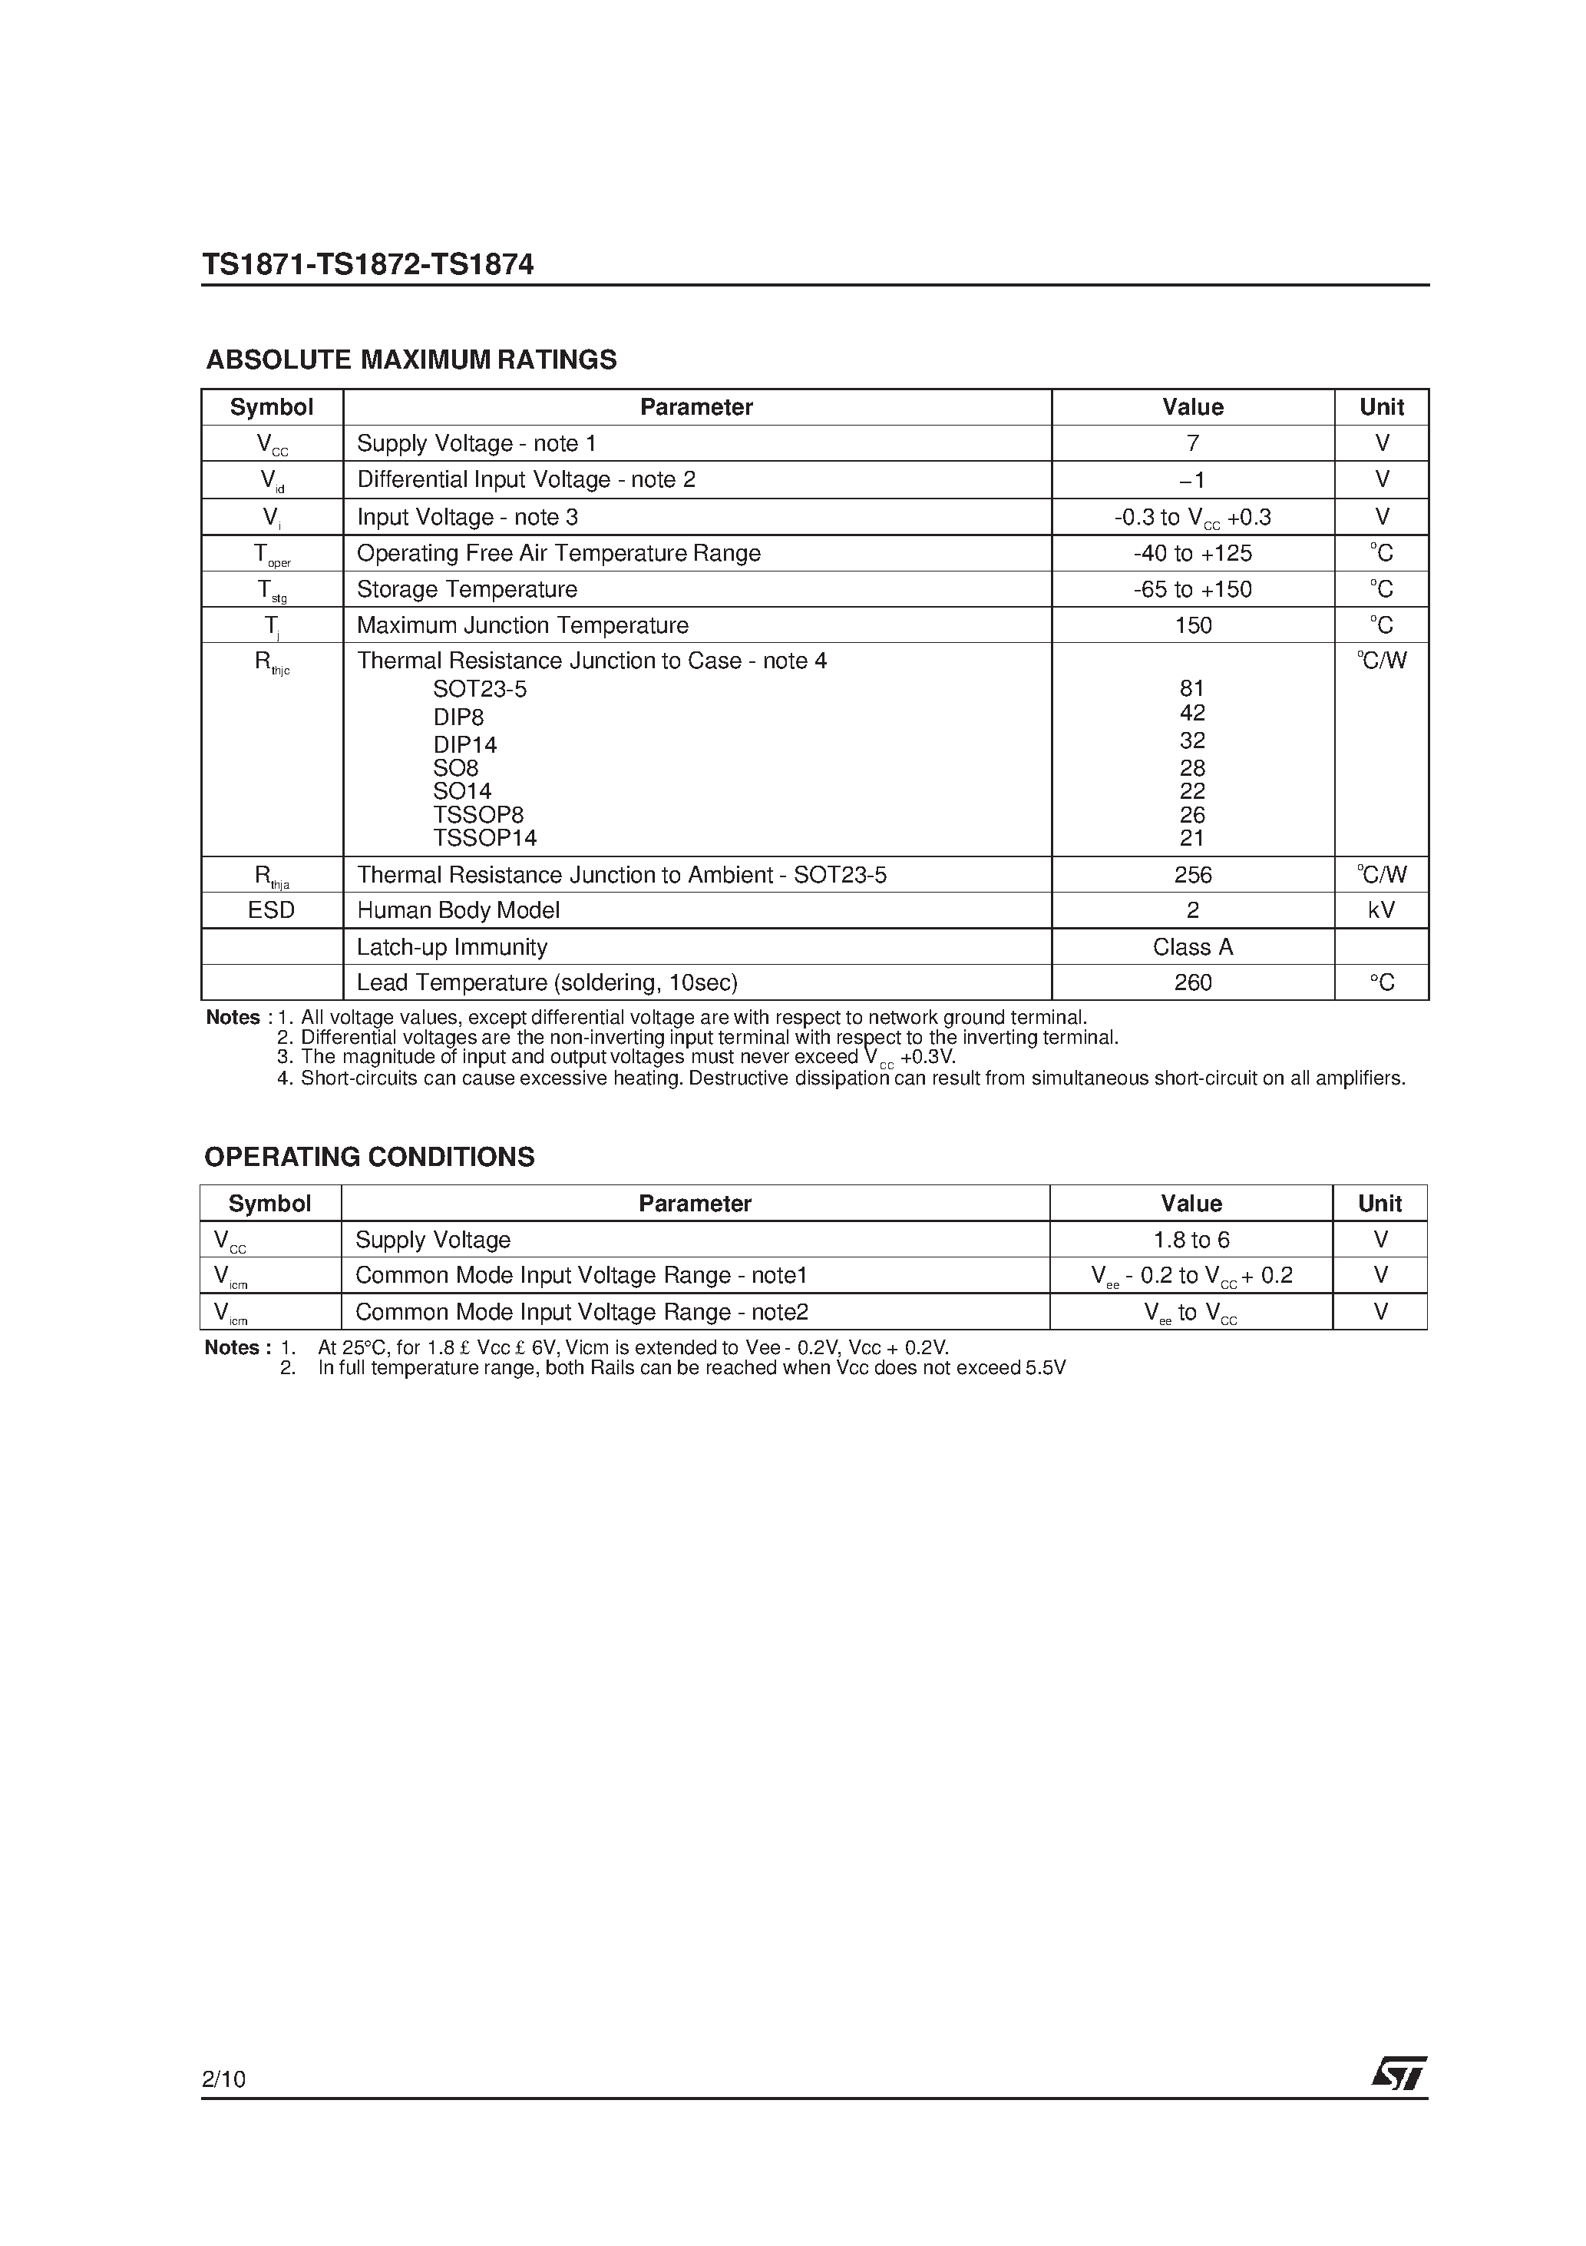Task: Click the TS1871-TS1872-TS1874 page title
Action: [368, 265]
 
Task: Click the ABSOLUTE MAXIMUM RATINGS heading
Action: [411, 360]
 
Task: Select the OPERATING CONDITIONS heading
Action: [368, 1156]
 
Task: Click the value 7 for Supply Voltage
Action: [1192, 443]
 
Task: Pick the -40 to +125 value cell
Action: [1192, 553]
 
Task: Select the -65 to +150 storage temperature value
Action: [1192, 589]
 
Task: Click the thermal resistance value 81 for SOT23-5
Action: [1192, 689]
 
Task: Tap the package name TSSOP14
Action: [485, 838]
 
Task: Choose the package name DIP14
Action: [465, 745]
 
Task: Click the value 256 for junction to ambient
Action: [1192, 875]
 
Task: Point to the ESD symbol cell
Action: [271, 909]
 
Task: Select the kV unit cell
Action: [1381, 909]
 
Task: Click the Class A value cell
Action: [1192, 947]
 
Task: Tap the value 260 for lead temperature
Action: [1192, 982]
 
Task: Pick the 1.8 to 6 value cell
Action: [1191, 1240]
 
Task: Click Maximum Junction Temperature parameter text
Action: [522, 625]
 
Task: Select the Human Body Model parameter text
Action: [458, 909]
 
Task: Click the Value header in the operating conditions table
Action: [1191, 1203]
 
